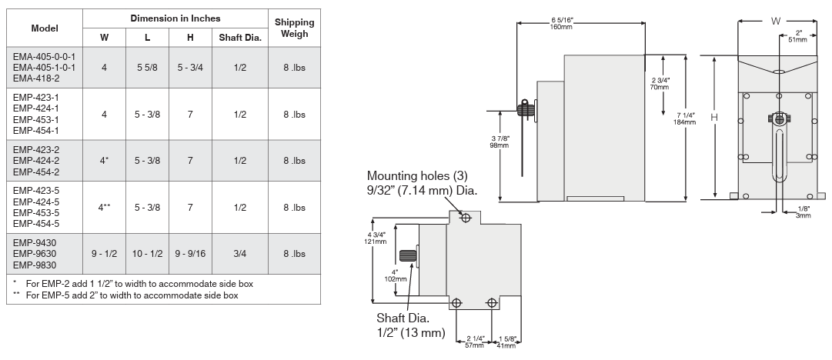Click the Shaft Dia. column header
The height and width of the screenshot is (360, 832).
coord(240,38)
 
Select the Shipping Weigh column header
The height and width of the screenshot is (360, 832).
coord(295,28)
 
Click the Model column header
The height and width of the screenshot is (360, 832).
coord(45,28)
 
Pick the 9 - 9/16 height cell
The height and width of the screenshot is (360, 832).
coord(190,253)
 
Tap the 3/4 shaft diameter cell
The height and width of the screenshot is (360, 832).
coord(240,253)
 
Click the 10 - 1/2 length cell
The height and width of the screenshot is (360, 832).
coord(147,253)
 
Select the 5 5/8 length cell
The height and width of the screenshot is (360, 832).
coord(147,68)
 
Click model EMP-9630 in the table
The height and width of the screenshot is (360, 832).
coord(35,253)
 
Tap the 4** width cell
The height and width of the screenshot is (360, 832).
coord(104,207)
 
